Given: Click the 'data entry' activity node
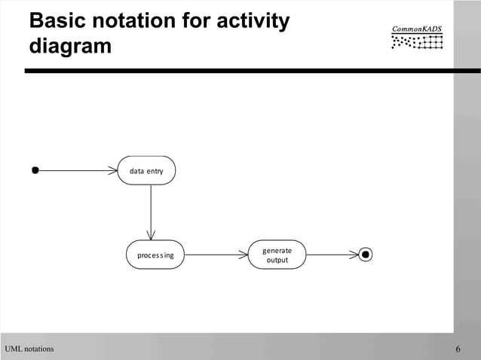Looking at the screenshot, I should [x=146, y=171].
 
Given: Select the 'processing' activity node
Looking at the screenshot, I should [x=155, y=255].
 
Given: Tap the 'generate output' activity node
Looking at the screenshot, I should [x=278, y=255].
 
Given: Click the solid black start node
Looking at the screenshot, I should [x=35, y=170].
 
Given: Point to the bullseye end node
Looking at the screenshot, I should [x=366, y=255].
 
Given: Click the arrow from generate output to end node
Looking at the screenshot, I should [x=332, y=255].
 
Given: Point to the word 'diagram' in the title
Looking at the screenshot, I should [x=70, y=46].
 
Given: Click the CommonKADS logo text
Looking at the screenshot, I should [x=417, y=29].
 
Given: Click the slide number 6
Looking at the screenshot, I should [x=458, y=349].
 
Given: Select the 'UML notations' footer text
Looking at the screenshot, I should [x=29, y=349].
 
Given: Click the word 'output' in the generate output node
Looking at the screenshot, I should [x=277, y=261].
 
